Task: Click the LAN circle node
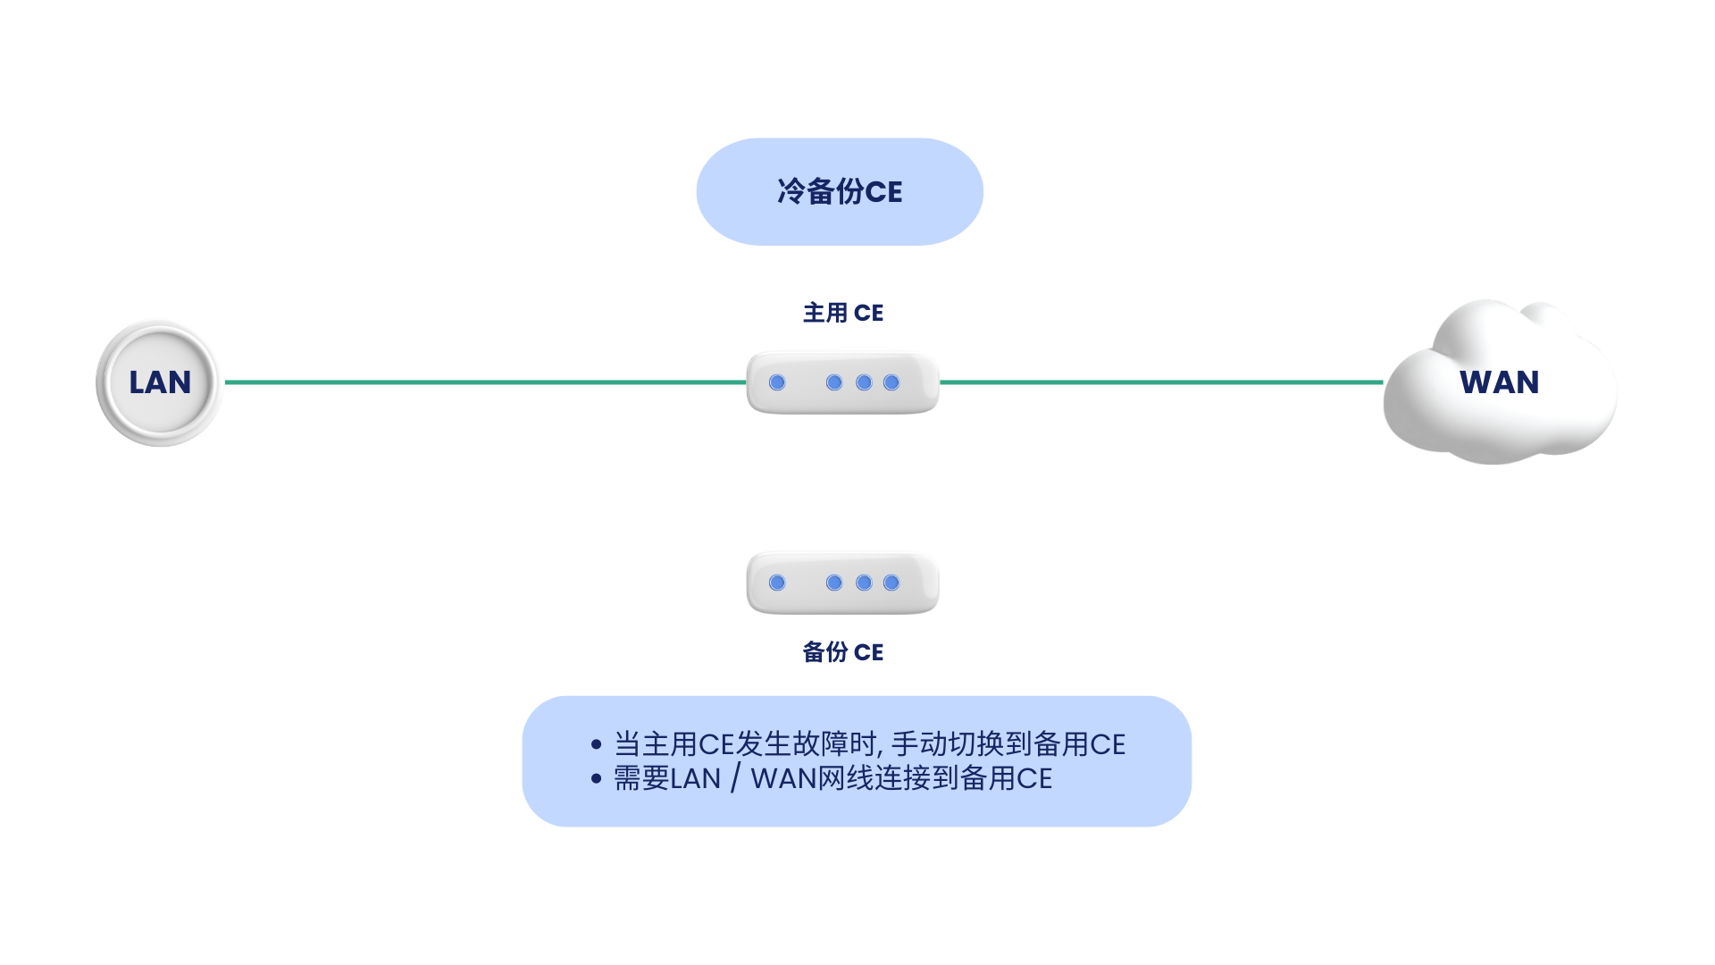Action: [159, 382]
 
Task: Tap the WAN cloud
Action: [1500, 382]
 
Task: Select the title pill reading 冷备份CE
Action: [840, 191]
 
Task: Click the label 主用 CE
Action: [843, 313]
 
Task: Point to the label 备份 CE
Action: [843, 652]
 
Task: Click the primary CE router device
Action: [843, 382]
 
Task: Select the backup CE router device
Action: [843, 583]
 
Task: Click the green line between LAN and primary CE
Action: [485, 382]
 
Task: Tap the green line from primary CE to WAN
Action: [1161, 382]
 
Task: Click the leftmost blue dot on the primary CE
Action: [777, 382]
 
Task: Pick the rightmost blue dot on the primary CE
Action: [891, 382]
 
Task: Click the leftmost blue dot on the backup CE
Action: [777, 583]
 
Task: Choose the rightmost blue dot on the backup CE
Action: [891, 583]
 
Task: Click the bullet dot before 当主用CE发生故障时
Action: [597, 744]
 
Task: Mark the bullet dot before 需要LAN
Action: [597, 778]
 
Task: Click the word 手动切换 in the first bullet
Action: [948, 744]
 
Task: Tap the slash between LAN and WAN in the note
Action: [735, 778]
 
